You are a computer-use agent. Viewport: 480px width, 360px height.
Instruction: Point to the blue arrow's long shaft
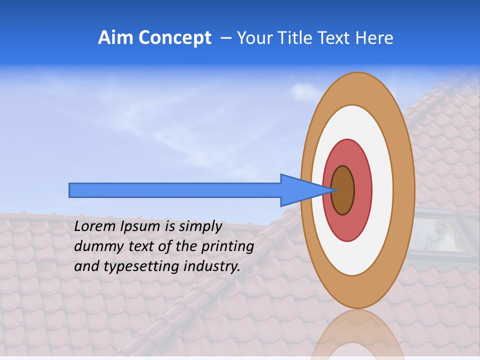[x=175, y=190]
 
